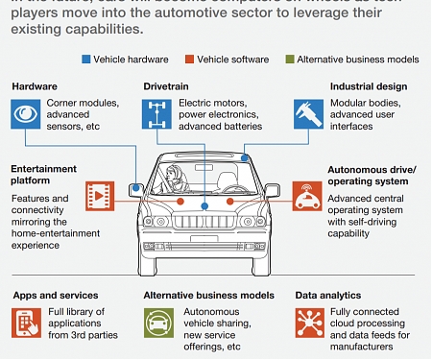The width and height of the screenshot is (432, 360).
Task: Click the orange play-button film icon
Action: (x=100, y=196)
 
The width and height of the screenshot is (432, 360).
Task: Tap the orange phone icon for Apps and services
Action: (x=26, y=324)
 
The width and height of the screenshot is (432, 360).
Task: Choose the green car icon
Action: (x=157, y=324)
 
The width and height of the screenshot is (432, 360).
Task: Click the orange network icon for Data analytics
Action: (x=309, y=324)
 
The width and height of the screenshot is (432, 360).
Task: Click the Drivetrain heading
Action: (x=166, y=86)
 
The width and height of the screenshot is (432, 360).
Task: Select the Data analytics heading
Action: (x=328, y=295)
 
